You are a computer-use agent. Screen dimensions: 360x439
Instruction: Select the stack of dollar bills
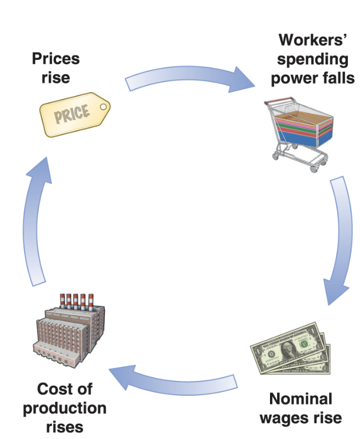[x=291, y=350]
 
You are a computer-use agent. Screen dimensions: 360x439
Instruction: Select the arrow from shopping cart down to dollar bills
[x=339, y=241]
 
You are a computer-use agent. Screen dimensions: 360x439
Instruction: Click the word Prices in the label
[x=56, y=58]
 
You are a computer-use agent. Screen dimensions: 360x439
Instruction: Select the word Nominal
[x=301, y=398]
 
